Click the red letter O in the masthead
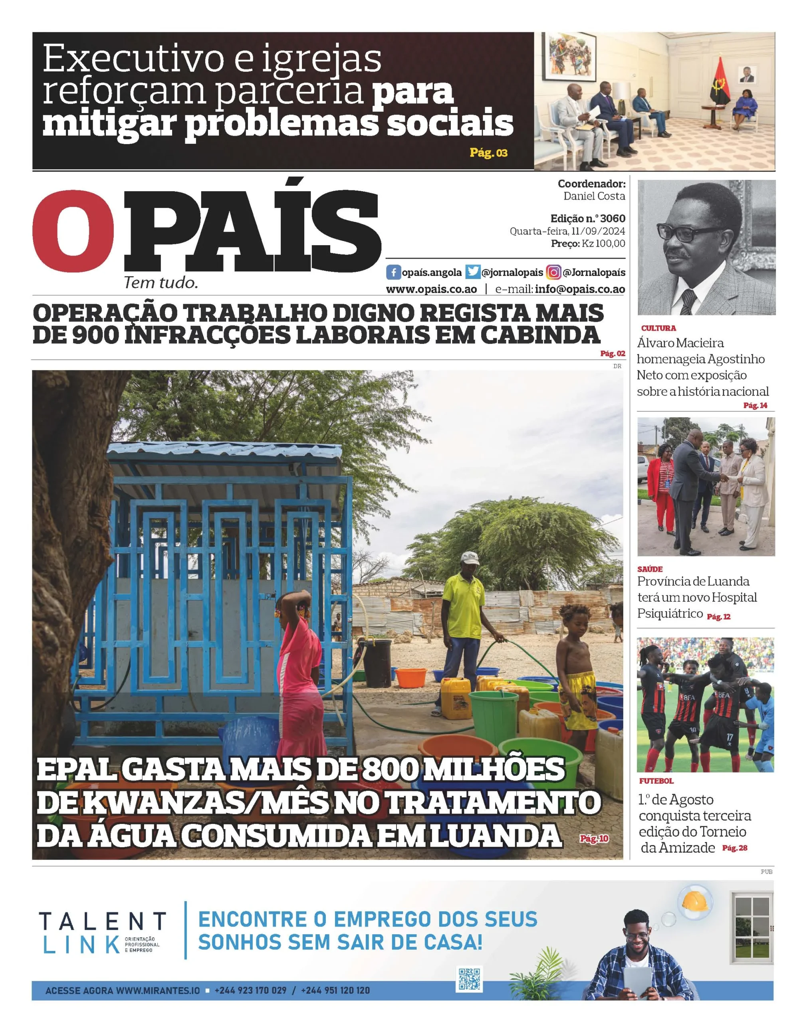click(x=73, y=232)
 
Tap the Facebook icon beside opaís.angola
click(x=393, y=273)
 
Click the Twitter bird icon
click(x=472, y=273)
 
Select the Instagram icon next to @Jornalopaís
click(x=553, y=273)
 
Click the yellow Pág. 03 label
click(x=488, y=153)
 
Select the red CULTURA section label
click(x=658, y=328)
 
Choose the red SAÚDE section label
click(x=650, y=569)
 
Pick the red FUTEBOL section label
click(x=656, y=782)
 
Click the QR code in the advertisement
click(x=469, y=978)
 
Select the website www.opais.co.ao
click(x=431, y=289)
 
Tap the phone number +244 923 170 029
click(x=250, y=990)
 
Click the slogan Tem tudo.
click(x=161, y=283)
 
